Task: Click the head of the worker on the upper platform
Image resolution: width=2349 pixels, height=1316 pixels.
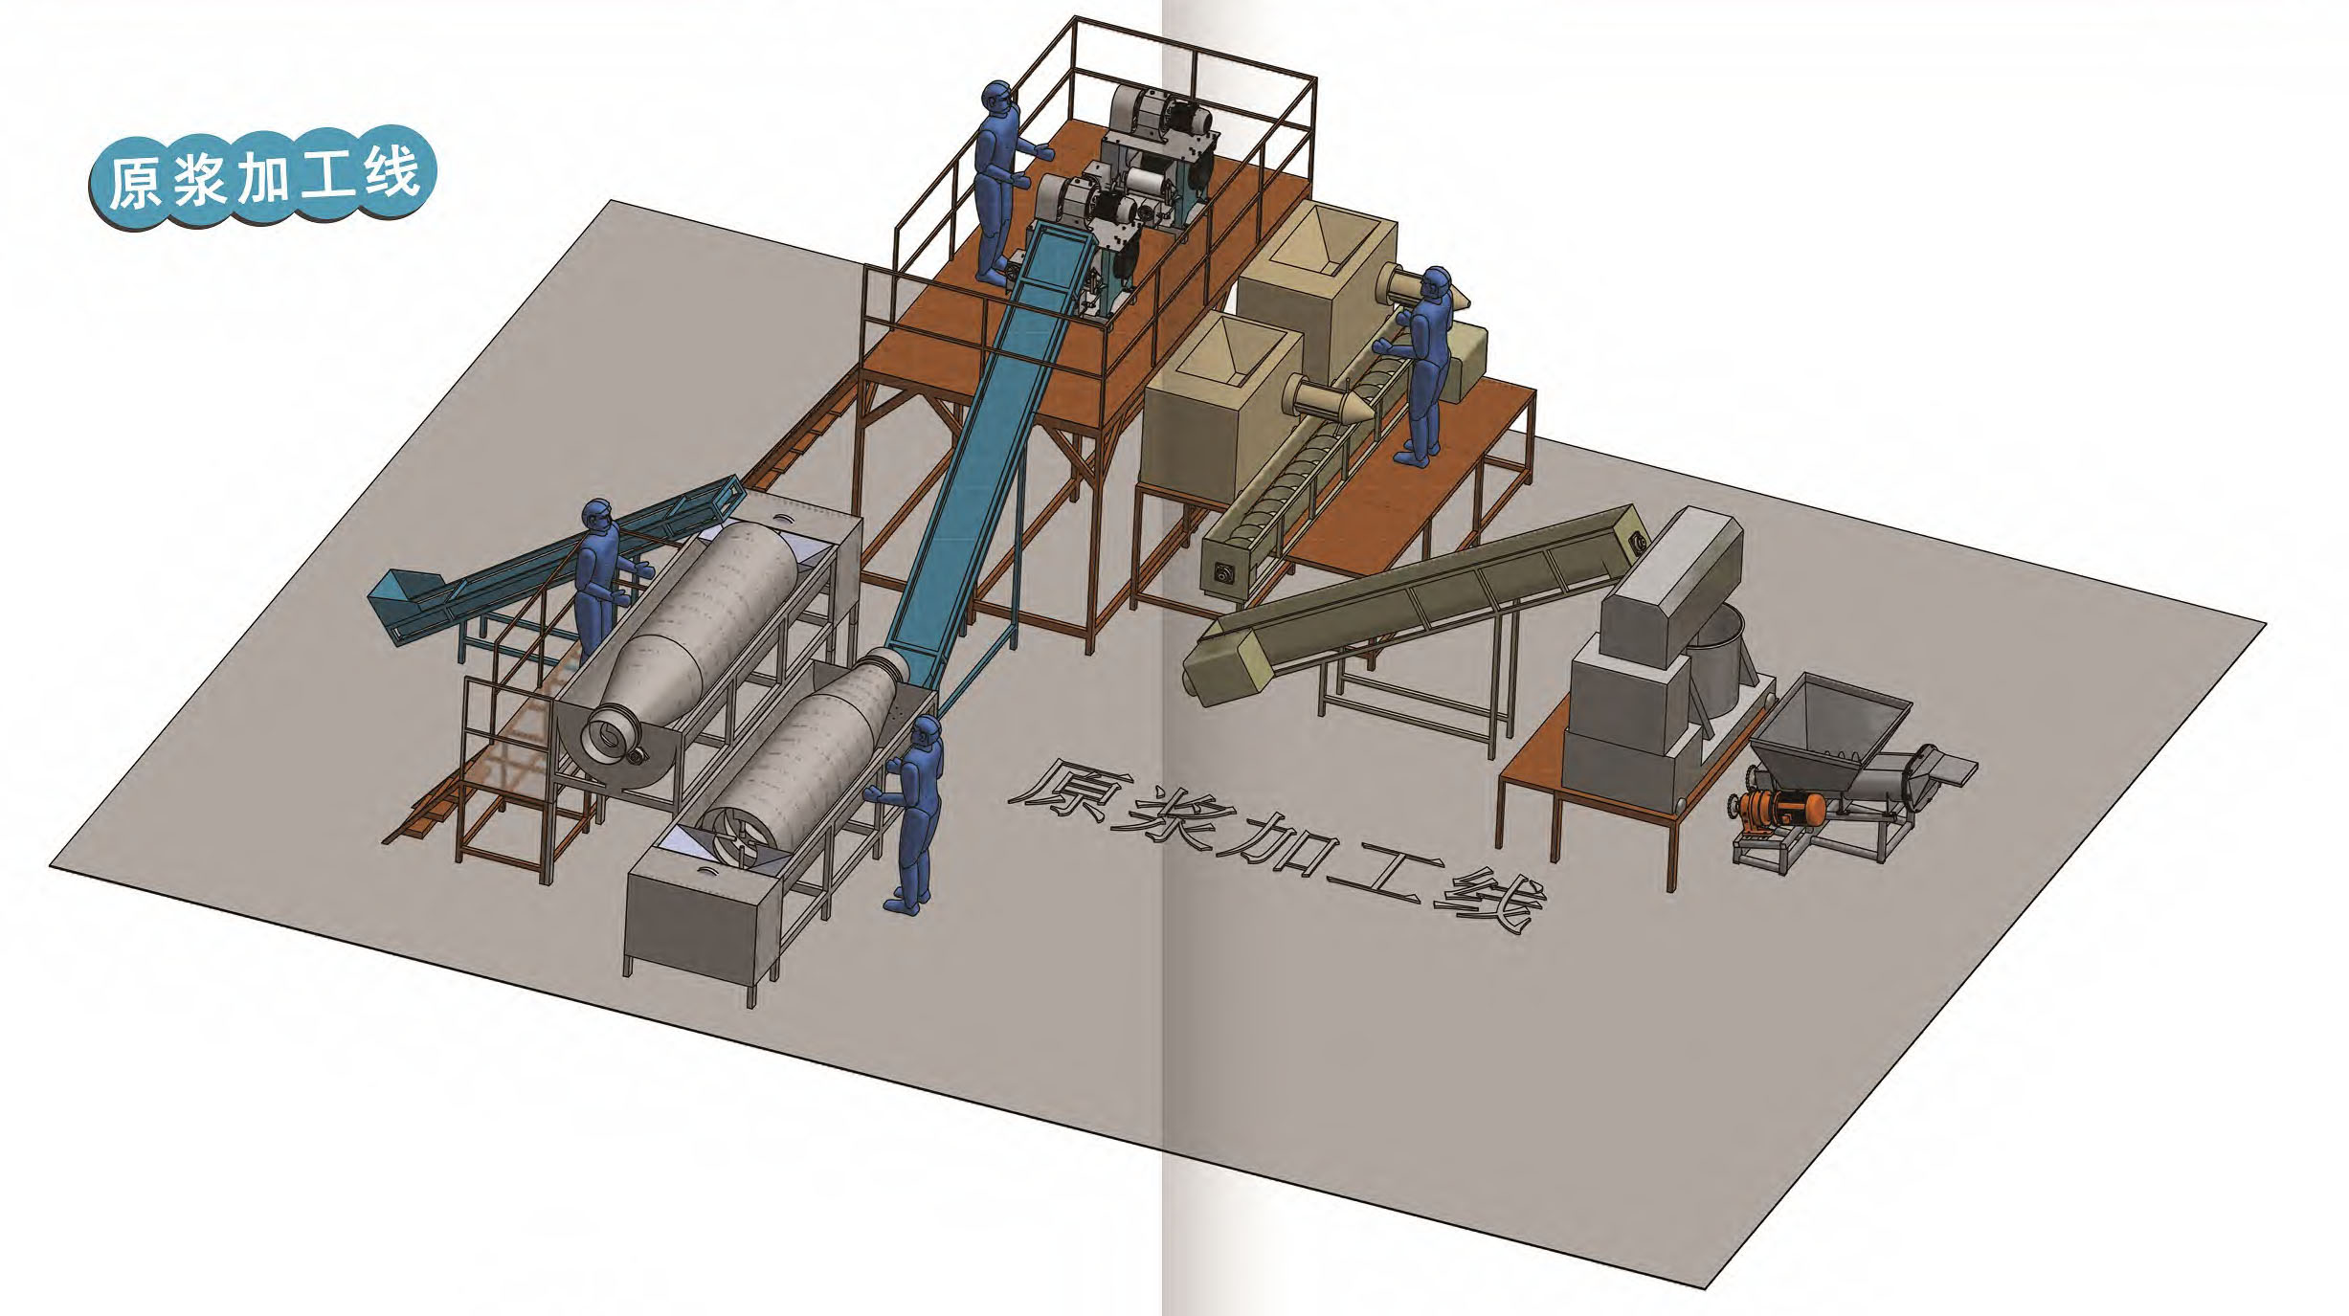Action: [996, 98]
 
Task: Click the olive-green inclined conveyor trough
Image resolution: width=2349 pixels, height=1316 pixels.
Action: [1417, 603]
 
